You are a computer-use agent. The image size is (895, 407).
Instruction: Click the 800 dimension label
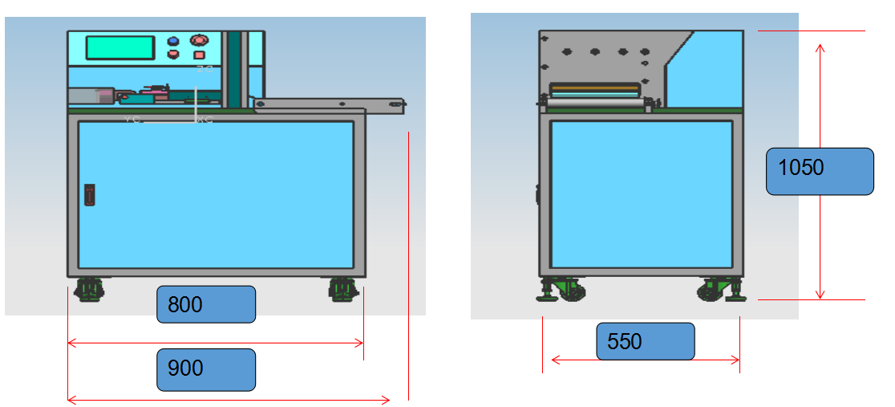click(x=205, y=304)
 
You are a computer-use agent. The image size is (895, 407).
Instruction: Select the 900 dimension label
click(x=205, y=369)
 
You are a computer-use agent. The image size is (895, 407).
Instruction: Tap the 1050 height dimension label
click(x=819, y=171)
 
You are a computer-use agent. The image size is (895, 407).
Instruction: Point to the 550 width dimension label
click(x=645, y=341)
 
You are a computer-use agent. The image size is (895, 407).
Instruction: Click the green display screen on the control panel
click(x=119, y=47)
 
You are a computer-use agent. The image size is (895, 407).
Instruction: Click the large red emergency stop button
click(x=199, y=39)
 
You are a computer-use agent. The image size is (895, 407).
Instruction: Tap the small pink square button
click(x=199, y=55)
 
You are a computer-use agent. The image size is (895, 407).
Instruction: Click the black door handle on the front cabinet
click(x=90, y=194)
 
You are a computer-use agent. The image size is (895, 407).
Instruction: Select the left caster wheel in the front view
click(x=88, y=288)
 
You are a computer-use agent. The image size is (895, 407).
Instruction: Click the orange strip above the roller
click(x=594, y=84)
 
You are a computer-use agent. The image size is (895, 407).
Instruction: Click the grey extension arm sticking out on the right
click(x=329, y=104)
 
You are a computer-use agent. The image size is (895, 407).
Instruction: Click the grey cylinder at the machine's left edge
click(x=90, y=96)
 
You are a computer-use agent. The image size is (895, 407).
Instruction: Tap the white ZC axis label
click(x=205, y=70)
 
